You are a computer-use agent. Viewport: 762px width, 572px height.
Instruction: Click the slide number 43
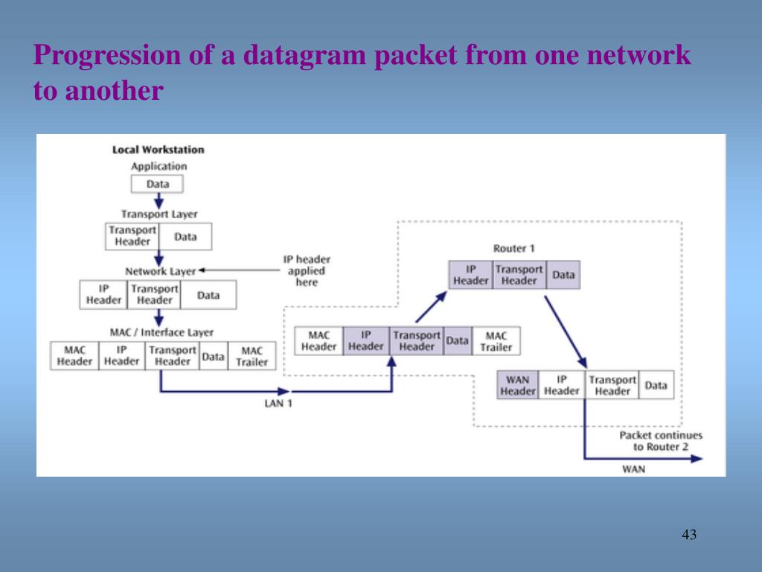(688, 535)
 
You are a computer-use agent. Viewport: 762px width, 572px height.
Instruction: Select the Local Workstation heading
(158, 150)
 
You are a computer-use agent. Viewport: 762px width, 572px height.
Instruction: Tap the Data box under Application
(157, 184)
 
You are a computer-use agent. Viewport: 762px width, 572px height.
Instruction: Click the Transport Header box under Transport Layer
(132, 236)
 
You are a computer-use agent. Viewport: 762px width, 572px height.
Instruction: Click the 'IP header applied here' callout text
(307, 271)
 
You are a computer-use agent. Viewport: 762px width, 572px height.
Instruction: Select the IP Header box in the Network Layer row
(103, 294)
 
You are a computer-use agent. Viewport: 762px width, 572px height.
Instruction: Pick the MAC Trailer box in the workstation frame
(252, 356)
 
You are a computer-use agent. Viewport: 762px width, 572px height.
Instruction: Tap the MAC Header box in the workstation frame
(74, 356)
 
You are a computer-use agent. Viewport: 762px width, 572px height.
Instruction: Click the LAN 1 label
(279, 403)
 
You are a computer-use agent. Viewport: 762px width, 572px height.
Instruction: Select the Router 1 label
(513, 248)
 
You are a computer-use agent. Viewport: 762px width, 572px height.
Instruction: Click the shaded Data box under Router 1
(563, 275)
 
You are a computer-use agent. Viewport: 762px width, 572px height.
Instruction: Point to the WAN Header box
(517, 385)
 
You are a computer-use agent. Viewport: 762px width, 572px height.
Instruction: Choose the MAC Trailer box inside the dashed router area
(496, 341)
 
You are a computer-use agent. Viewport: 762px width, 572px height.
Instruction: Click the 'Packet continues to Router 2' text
(660, 441)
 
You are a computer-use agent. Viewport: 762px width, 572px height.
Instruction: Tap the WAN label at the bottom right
(633, 469)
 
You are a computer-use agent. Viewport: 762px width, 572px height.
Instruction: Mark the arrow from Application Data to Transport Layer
(158, 201)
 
